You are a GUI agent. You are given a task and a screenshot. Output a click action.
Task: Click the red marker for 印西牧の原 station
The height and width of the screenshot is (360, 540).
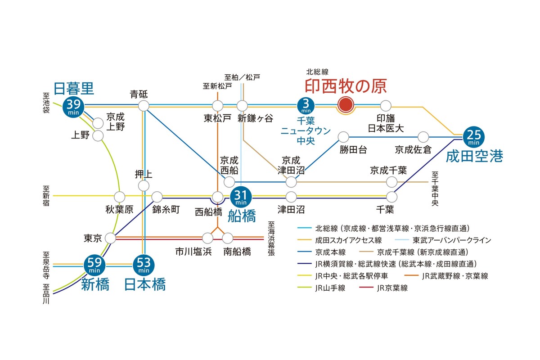tap(345, 105)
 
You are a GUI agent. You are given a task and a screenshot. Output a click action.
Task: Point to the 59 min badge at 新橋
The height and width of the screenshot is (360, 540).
tap(94, 265)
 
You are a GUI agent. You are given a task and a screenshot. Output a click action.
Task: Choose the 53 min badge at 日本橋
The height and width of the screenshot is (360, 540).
tap(144, 265)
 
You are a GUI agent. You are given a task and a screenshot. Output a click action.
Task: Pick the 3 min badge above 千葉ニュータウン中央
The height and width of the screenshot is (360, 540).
tap(306, 106)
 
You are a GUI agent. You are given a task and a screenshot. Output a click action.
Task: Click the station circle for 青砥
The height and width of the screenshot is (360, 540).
tap(144, 106)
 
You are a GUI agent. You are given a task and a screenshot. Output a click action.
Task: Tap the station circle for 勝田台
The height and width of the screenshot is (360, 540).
tap(344, 136)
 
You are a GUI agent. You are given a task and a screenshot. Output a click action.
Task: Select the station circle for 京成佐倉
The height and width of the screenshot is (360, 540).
tap(423, 136)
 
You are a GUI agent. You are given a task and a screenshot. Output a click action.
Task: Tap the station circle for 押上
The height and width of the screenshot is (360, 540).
tap(144, 185)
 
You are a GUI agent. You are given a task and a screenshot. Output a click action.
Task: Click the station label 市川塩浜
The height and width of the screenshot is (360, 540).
tap(193, 251)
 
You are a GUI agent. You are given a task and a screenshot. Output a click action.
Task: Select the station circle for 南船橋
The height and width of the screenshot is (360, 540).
tap(227, 237)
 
